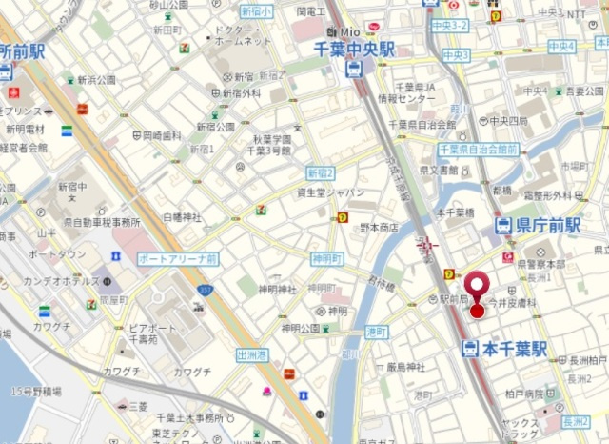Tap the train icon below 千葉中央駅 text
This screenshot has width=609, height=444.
[354, 70]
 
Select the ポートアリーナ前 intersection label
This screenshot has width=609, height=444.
[177, 258]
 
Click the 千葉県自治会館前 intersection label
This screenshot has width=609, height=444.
[478, 150]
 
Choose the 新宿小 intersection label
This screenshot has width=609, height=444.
[257, 11]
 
